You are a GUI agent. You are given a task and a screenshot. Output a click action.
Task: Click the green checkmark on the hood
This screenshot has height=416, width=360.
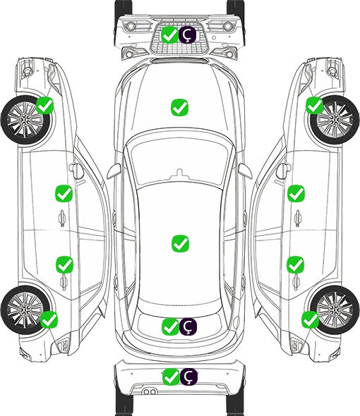(x=179, y=107)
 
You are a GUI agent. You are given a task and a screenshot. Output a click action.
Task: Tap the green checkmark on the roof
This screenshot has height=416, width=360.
(x=180, y=243)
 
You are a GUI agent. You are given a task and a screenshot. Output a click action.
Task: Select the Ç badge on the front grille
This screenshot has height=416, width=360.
(x=187, y=35)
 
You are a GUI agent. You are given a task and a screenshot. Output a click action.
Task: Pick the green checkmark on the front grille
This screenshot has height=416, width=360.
(x=169, y=35)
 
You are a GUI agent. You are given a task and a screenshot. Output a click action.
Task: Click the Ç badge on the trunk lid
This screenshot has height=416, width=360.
(x=188, y=326)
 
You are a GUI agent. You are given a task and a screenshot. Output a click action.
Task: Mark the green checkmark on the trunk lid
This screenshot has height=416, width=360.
(x=170, y=326)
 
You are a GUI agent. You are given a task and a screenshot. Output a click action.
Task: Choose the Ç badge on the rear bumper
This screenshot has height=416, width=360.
(x=188, y=377)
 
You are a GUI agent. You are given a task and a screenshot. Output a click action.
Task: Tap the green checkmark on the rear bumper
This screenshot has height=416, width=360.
(x=171, y=377)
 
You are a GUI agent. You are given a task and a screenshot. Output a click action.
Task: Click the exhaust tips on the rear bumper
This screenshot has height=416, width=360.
(x=150, y=391)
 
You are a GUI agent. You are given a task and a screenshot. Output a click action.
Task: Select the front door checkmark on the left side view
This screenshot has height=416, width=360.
(x=64, y=193)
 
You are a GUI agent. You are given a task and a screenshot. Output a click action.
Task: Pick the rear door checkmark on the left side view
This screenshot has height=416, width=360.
(x=64, y=264)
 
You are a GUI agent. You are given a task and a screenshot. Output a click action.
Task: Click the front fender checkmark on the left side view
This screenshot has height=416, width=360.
(x=45, y=105)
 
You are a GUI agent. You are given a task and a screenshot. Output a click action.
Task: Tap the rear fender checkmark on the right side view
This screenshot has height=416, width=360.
(x=310, y=319)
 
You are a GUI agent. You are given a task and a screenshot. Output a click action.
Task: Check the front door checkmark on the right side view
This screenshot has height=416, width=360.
(x=296, y=193)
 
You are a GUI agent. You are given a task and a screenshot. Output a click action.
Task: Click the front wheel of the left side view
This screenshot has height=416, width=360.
(x=26, y=120)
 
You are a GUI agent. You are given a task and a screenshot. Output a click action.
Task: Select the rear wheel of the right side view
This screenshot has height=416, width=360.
(x=335, y=310)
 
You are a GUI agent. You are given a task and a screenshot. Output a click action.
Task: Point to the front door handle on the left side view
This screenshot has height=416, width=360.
(x=62, y=218)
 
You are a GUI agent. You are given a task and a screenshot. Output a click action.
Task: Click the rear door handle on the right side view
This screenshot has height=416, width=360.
(x=296, y=282)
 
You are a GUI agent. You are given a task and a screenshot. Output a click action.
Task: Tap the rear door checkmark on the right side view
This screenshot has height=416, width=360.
(x=295, y=264)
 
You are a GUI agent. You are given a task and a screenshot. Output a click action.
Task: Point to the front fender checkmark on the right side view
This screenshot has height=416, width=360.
(x=315, y=105)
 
